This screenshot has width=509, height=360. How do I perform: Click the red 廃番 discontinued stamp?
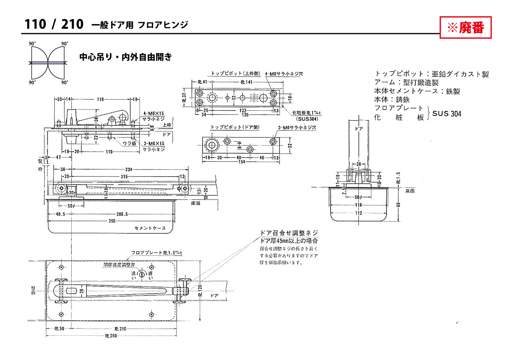point(466,28)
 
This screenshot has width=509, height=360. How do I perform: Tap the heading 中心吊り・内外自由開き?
point(126,57)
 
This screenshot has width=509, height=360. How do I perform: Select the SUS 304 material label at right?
point(447,113)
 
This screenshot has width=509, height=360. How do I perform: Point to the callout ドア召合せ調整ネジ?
point(289,233)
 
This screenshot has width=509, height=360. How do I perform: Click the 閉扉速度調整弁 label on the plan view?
point(120,264)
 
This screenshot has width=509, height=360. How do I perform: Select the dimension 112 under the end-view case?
point(359,213)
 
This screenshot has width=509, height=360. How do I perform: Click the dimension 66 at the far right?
point(398,204)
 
